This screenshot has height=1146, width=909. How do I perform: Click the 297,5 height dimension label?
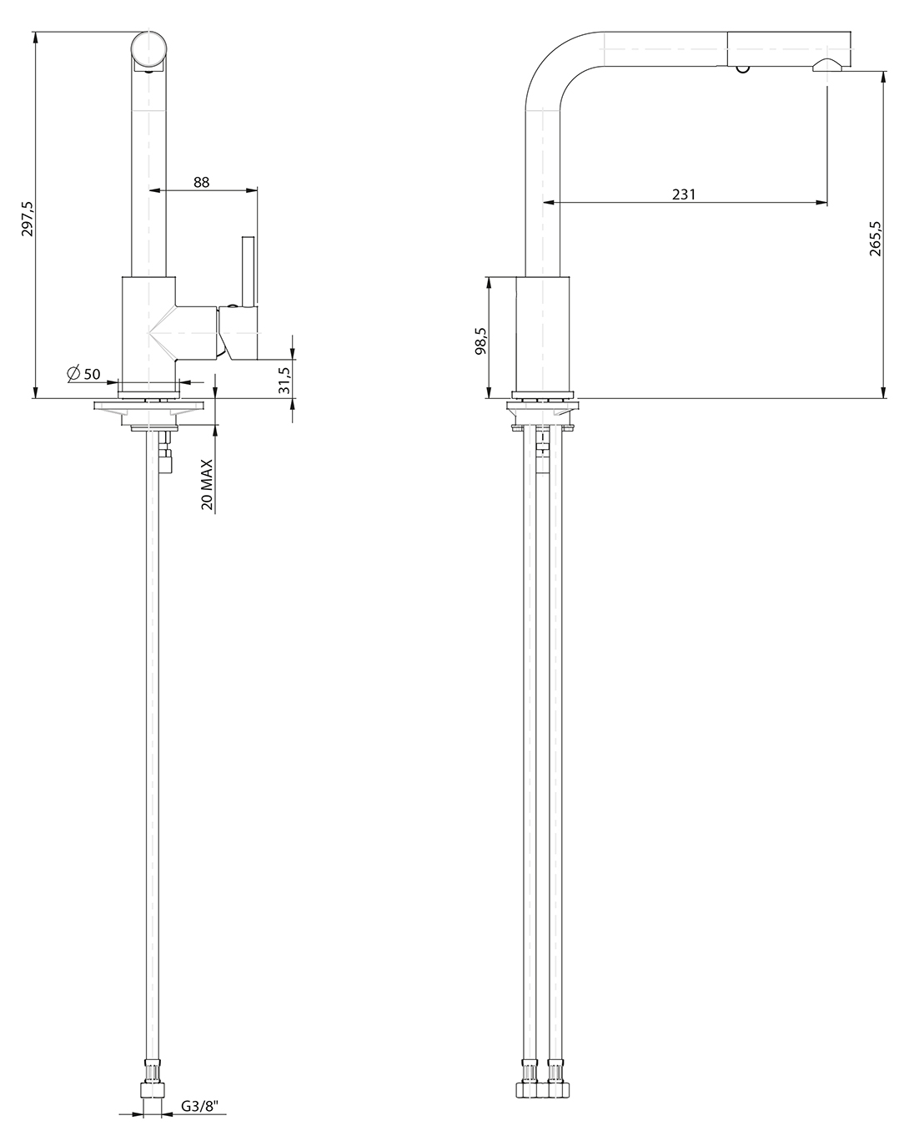pyautogui.click(x=28, y=220)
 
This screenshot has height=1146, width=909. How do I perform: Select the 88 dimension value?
pyautogui.click(x=201, y=182)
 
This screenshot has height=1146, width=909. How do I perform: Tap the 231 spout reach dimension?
pyautogui.click(x=683, y=194)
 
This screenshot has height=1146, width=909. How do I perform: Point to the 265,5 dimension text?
pyautogui.click(x=876, y=239)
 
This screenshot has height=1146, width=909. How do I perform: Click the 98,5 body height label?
pyautogui.click(x=480, y=341)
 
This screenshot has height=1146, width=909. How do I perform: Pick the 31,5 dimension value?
pyautogui.click(x=284, y=380)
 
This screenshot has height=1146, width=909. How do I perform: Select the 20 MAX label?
pyautogui.click(x=207, y=485)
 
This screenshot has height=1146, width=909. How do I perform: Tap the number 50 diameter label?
pyautogui.click(x=92, y=375)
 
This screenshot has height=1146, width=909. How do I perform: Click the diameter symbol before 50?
pyautogui.click(x=74, y=374)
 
